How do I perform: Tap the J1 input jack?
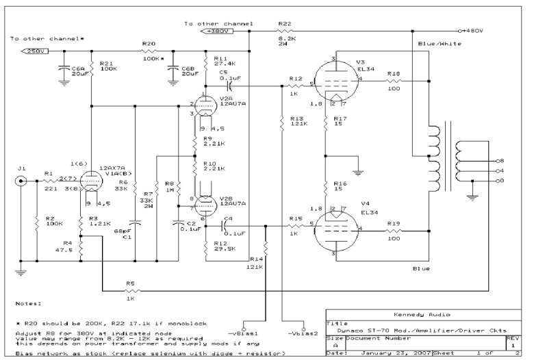[x=22, y=181]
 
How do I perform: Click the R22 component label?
[x=284, y=23]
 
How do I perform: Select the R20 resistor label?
[x=147, y=43]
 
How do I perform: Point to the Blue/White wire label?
[x=433, y=43]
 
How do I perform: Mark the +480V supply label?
[x=473, y=31]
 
